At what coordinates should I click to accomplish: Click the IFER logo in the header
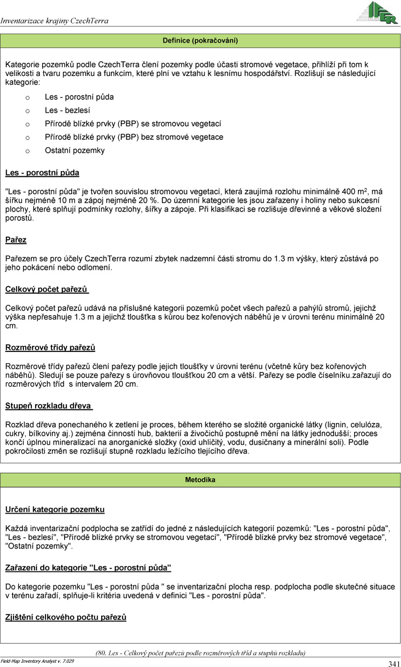click(377, 13)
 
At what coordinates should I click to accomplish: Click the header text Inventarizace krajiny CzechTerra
click(55, 21)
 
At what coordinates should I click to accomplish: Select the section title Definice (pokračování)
click(200, 41)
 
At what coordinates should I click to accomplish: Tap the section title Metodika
click(200, 480)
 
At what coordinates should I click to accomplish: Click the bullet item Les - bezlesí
click(67, 111)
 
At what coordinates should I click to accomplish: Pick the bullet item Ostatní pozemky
click(75, 150)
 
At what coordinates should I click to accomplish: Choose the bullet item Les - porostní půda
click(79, 97)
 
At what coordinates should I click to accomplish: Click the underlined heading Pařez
click(16, 240)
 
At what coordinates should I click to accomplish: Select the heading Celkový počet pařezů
click(47, 289)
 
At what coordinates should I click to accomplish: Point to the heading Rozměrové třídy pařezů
click(50, 348)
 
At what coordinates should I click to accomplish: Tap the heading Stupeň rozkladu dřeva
click(49, 406)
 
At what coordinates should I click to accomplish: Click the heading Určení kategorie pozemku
click(55, 509)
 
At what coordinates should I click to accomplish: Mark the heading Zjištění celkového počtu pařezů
click(66, 617)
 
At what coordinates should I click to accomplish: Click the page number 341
click(394, 663)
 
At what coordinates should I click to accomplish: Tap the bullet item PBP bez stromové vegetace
click(134, 137)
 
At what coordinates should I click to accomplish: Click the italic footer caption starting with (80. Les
click(200, 653)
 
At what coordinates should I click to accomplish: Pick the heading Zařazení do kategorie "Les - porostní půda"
click(88, 568)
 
